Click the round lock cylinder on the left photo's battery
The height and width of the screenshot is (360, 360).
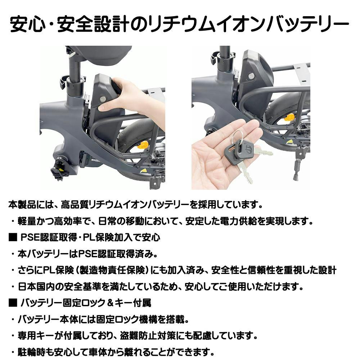[x=103, y=99]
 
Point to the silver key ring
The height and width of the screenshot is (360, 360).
[x=237, y=138]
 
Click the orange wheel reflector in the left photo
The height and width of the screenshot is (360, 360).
[x=143, y=145]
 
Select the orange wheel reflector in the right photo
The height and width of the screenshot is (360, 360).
[x=289, y=117]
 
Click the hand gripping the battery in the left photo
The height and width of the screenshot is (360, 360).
[x=131, y=99]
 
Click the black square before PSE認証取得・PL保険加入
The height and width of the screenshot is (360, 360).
[x=13, y=237]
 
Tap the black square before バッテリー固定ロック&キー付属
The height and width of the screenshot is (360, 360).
[x=13, y=303]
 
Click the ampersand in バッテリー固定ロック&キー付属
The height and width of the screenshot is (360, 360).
[x=111, y=303]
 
